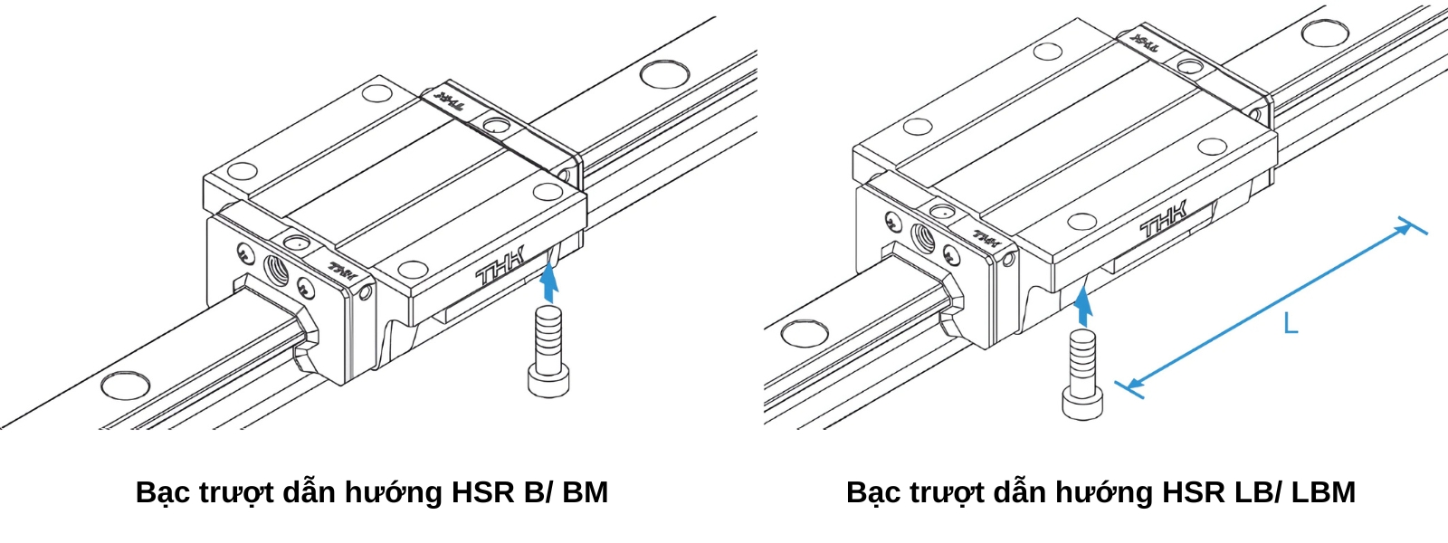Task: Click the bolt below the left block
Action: pos(548,352)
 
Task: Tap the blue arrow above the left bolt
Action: pos(548,281)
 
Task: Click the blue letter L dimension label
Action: pos(1291,322)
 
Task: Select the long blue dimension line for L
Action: pos(1267,308)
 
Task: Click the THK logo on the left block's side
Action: pos(499,269)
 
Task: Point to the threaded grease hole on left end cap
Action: pos(276,269)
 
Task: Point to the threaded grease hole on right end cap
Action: pos(923,237)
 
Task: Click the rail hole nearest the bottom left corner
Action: pos(125,385)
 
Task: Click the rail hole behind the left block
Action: pos(665,73)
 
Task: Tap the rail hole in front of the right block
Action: pos(804,333)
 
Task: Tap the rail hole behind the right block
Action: pos(1324,33)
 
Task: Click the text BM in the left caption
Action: pos(585,492)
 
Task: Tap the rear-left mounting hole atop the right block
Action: pos(1048,51)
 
